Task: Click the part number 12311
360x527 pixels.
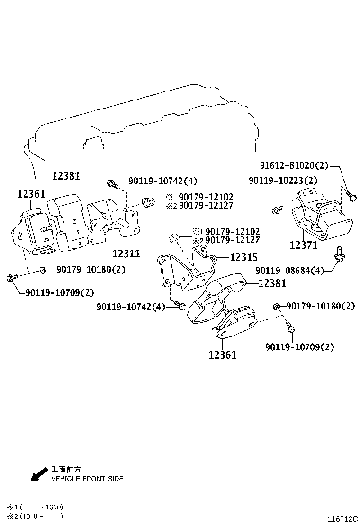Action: pyautogui.click(x=126, y=254)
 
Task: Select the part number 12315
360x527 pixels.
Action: pyautogui.click(x=243, y=257)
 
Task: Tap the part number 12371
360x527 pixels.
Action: pyautogui.click(x=303, y=245)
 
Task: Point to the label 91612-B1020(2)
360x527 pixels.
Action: pyautogui.click(x=294, y=165)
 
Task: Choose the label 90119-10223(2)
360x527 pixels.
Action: pyautogui.click(x=284, y=180)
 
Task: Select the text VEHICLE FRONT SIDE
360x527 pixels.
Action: pyautogui.click(x=87, y=479)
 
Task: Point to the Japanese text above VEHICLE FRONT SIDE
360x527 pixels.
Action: pyautogui.click(x=66, y=469)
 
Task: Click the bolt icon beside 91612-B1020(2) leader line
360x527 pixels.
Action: pyautogui.click(x=351, y=194)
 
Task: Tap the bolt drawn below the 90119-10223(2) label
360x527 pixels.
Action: pyautogui.click(x=277, y=208)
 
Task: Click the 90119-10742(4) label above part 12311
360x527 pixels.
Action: pyautogui.click(x=156, y=181)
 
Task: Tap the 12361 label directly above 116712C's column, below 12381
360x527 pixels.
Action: pyautogui.click(x=222, y=354)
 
